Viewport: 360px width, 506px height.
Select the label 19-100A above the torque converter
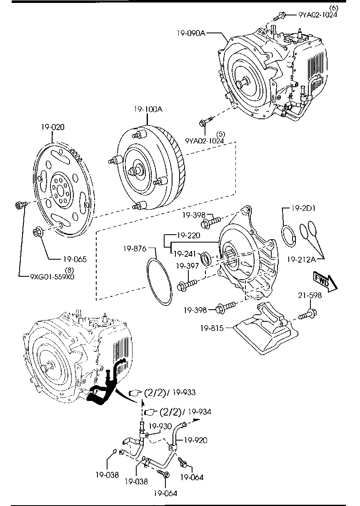click(x=148, y=110)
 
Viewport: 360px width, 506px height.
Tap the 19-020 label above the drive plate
click(x=52, y=127)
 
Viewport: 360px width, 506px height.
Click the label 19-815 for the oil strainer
click(x=212, y=329)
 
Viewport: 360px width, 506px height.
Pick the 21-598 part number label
click(x=310, y=296)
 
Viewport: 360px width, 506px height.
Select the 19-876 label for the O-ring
click(x=135, y=249)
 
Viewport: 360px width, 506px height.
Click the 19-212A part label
click(x=301, y=260)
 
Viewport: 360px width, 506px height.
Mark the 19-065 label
click(x=75, y=259)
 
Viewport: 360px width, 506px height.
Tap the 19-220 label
click(x=188, y=235)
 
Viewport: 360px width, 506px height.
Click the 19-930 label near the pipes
click(x=160, y=426)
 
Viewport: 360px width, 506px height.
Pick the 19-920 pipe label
click(x=195, y=440)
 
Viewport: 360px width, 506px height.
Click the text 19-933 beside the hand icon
click(x=183, y=392)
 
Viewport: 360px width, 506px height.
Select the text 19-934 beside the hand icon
click(x=199, y=412)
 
